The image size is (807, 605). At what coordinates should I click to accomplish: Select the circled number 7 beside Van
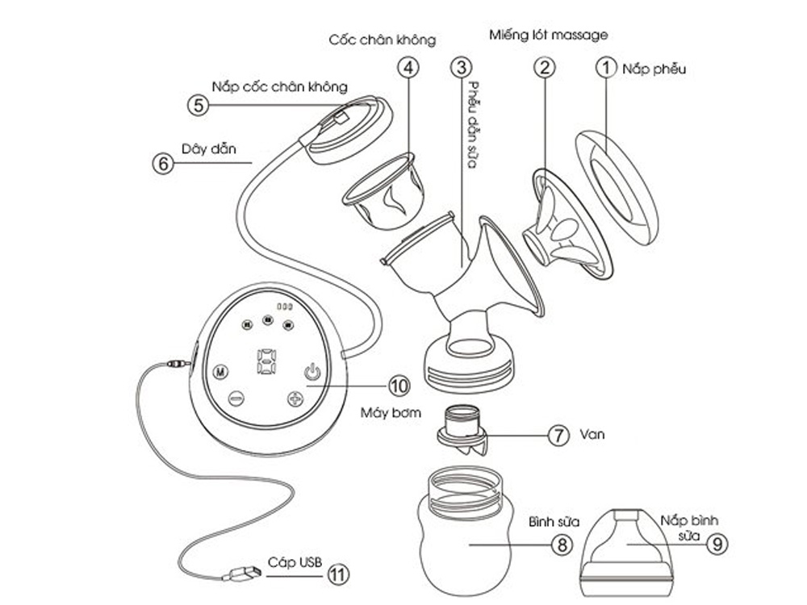pyautogui.click(x=558, y=436)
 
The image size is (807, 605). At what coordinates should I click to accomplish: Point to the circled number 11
pyautogui.click(x=338, y=574)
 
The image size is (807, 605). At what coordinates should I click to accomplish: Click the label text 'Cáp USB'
pyautogui.click(x=286, y=563)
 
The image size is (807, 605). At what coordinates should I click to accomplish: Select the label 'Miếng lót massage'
pyautogui.click(x=549, y=35)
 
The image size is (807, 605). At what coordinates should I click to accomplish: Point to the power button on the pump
pyautogui.click(x=312, y=373)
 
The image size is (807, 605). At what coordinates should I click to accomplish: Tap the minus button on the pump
pyautogui.click(x=236, y=398)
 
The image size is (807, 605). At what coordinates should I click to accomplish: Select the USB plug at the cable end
pyautogui.click(x=241, y=575)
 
